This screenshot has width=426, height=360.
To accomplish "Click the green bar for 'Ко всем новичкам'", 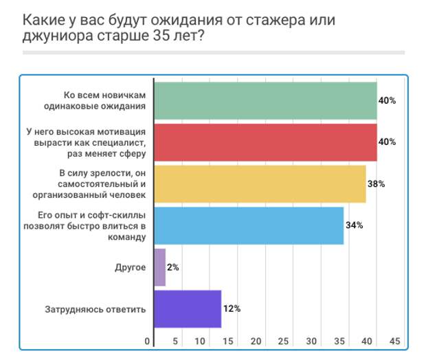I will click(x=265, y=100).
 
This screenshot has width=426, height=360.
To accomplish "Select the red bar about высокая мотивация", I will click(x=265, y=142).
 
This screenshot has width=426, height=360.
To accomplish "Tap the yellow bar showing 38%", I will click(x=260, y=184).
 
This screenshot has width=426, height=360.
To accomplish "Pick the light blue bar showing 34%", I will click(x=249, y=225).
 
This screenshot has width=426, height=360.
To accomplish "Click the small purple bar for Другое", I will click(x=160, y=267).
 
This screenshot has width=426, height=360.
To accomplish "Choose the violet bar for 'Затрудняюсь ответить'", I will click(x=188, y=308).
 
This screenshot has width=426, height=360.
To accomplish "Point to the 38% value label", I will click(x=376, y=184).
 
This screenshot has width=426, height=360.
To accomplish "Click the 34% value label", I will click(x=354, y=225).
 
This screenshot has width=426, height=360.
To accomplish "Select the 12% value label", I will click(x=232, y=308).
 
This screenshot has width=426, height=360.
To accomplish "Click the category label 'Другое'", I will click(x=131, y=267).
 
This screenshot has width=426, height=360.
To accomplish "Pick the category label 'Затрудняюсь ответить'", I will click(x=96, y=308).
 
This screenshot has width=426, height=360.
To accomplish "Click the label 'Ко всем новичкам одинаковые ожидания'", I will click(x=109, y=100).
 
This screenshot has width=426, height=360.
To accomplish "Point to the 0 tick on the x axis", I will click(x=147, y=341).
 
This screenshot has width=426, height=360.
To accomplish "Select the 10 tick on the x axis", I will click(x=201, y=341).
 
